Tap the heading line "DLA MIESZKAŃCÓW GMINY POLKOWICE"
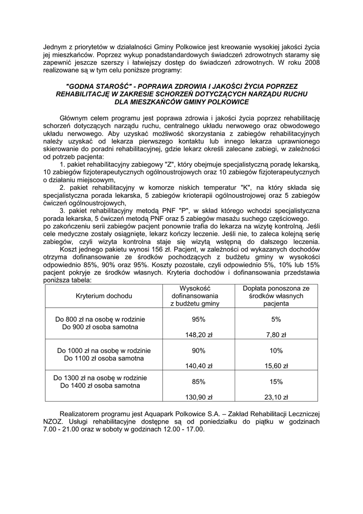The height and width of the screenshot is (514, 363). pos(181,102)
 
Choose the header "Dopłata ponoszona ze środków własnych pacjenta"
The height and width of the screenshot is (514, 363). pos(276,296)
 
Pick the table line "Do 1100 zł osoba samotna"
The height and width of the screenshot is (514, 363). pos(104,358)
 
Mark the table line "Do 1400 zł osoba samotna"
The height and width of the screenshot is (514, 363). pos(100,386)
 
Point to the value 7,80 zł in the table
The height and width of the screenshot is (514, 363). pos(276,335)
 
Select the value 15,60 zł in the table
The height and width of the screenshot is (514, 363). pos(276,366)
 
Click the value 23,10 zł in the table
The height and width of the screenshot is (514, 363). pos(276,397)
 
